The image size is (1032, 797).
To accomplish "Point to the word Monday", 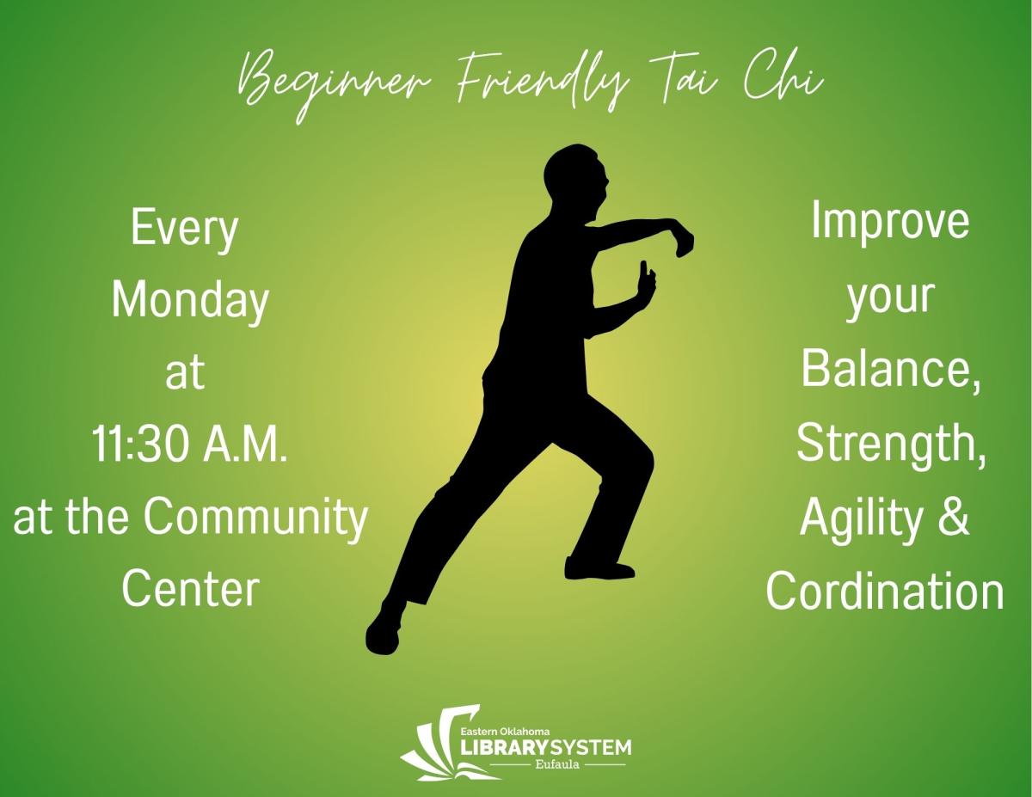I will point(190,303).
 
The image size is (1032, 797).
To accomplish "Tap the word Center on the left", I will point(190,589).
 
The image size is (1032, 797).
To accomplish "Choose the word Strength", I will point(890,444).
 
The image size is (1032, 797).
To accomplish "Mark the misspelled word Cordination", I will point(885,592).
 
